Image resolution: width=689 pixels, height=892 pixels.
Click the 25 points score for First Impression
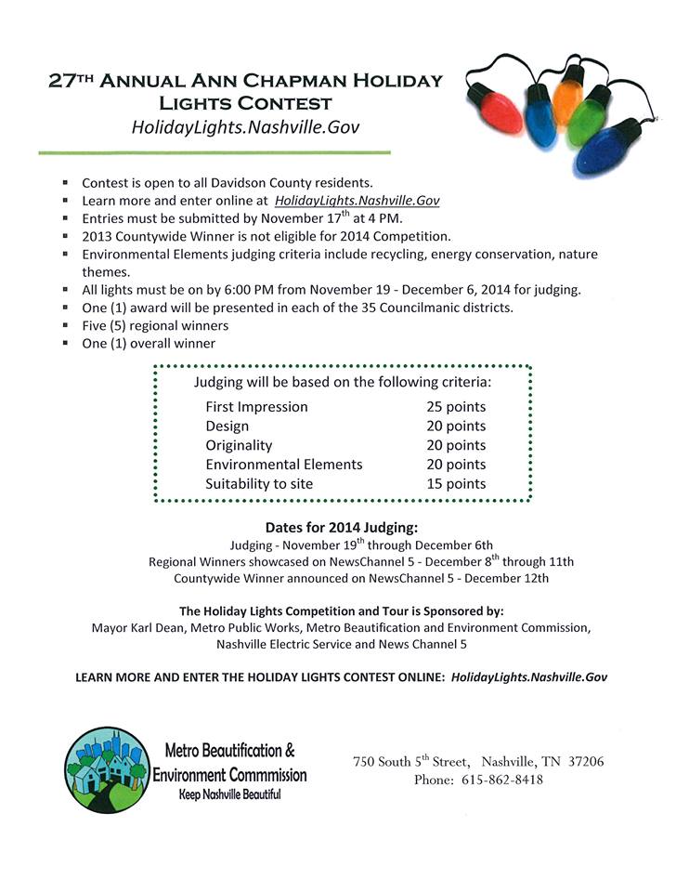pyautogui.click(x=456, y=407)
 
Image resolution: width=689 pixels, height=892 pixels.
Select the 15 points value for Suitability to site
pyautogui.click(x=456, y=483)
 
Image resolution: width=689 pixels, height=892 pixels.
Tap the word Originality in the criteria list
pyautogui.click(x=240, y=445)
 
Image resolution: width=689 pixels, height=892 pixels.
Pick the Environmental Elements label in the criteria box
pyautogui.click(x=284, y=464)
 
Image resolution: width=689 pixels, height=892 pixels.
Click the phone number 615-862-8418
pyautogui.click(x=502, y=780)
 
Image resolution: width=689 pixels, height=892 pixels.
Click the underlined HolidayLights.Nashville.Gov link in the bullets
pyautogui.click(x=357, y=200)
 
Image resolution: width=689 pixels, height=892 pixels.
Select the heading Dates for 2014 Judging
pyautogui.click(x=343, y=527)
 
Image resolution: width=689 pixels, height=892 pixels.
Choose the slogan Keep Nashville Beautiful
pyautogui.click(x=229, y=794)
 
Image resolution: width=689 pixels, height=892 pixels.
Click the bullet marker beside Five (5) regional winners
pyautogui.click(x=66, y=326)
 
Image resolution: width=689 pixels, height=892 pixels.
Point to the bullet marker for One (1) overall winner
pyautogui.click(x=66, y=344)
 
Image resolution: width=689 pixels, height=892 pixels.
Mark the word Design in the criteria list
pyautogui.click(x=227, y=426)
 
